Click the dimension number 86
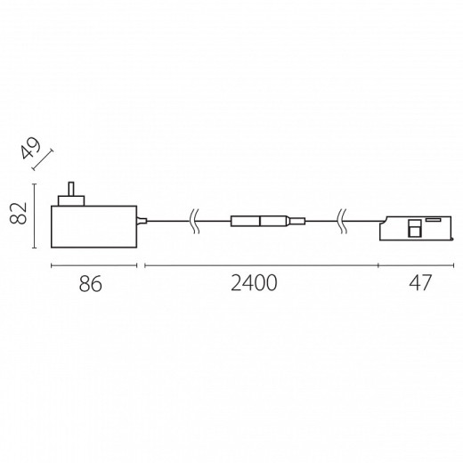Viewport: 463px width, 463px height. (x=91, y=284)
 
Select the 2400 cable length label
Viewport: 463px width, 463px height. (x=254, y=284)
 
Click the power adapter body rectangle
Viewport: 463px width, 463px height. (x=93, y=226)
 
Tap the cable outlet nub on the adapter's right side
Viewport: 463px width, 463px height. (x=140, y=219)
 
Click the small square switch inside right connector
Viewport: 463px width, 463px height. (x=415, y=230)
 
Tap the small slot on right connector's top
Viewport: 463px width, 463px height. (x=433, y=217)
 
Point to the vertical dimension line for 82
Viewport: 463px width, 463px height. (x=34, y=216)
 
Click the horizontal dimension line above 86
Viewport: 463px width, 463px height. (x=93, y=265)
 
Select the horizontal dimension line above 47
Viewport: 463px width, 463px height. (x=418, y=265)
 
